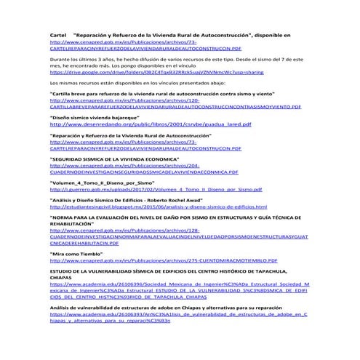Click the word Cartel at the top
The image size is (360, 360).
[57, 34]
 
